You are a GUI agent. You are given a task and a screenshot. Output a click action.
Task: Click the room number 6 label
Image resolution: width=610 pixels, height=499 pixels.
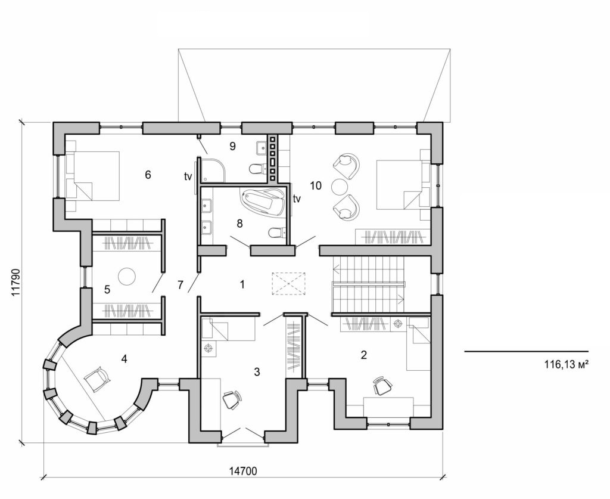point(148,175)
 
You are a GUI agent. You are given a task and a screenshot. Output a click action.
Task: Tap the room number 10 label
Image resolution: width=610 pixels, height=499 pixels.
point(315,186)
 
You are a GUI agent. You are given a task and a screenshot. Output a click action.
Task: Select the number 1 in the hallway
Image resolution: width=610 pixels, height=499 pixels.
point(242,284)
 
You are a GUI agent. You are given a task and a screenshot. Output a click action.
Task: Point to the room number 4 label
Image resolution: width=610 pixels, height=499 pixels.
point(124,359)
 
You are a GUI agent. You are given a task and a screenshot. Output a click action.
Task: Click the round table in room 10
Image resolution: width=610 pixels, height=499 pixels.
point(340,186)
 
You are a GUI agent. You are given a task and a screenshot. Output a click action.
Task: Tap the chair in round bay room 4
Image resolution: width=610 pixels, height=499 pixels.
point(97,379)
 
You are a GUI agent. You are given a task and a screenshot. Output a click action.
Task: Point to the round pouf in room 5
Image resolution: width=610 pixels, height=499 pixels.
point(126,276)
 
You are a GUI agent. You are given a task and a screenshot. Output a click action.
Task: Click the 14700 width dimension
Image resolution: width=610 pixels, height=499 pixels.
point(243,471)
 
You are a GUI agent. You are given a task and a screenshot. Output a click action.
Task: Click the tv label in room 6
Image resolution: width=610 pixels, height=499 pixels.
point(187,176)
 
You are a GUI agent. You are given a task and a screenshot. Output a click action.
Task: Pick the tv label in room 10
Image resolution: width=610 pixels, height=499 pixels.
point(296,199)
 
